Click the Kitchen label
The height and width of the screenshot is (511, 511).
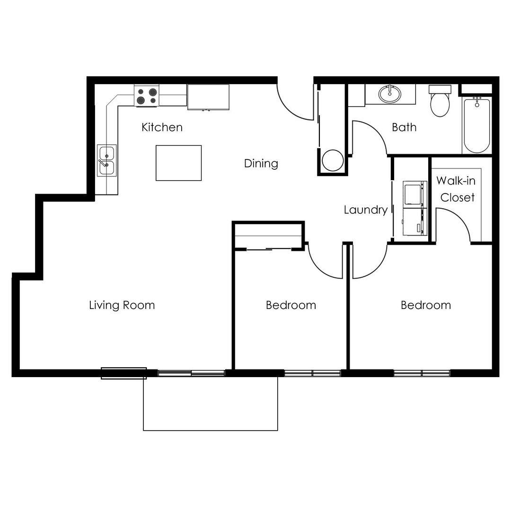point(162,127)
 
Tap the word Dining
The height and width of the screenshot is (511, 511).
point(261,163)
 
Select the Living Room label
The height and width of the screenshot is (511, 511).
point(122,305)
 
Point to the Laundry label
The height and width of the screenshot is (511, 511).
point(366,210)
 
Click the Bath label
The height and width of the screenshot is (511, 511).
point(404,127)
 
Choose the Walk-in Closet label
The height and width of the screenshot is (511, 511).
point(456,189)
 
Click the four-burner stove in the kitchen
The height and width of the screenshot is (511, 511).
point(147,96)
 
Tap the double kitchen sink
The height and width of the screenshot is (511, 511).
point(107,160)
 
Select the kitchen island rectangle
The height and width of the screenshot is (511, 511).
point(178,163)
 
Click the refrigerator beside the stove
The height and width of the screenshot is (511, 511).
point(208,97)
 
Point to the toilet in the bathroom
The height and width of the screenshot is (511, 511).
point(440,101)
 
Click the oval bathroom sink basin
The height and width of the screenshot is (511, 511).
point(390,94)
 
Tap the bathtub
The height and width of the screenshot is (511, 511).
point(477,125)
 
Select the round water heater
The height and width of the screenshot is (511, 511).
point(333,160)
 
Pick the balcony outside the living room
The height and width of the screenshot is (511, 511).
point(211,404)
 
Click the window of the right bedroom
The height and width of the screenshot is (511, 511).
point(422,373)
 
